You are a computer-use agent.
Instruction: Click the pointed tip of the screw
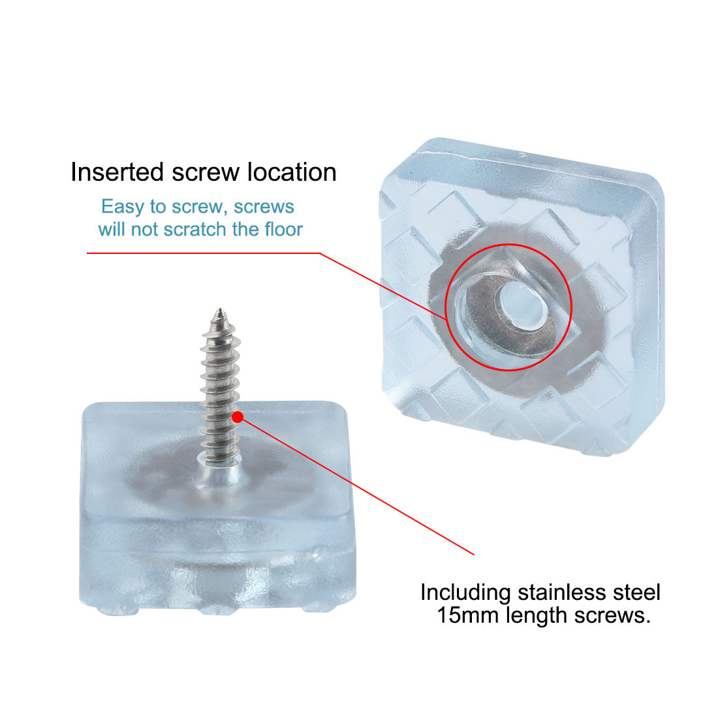[x=220, y=311]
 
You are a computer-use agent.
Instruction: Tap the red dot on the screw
[x=238, y=416]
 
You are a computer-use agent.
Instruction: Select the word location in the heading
[x=292, y=172]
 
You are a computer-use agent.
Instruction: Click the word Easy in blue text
[x=122, y=207]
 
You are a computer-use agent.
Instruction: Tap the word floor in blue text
[x=282, y=230]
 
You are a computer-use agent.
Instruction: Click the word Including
[x=465, y=593]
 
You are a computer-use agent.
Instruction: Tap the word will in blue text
[x=111, y=230]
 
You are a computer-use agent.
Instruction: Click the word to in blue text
[x=159, y=207]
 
